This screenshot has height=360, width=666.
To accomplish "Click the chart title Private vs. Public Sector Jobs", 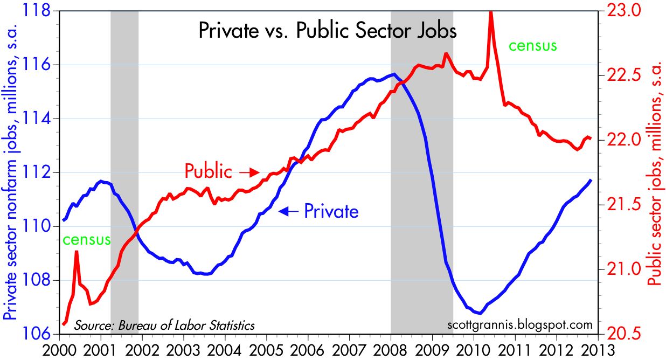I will pos(328,30).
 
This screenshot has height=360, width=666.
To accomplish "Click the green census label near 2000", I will pos(86,239).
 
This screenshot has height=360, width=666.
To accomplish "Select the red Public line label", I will pos(208,171).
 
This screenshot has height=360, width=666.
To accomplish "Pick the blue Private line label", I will pos(331,211).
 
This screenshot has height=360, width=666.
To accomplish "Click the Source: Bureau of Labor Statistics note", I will pos(164,326).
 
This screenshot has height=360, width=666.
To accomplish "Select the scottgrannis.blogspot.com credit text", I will pos(519,325).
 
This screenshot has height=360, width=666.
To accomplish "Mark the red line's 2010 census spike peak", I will pos(490,12).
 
